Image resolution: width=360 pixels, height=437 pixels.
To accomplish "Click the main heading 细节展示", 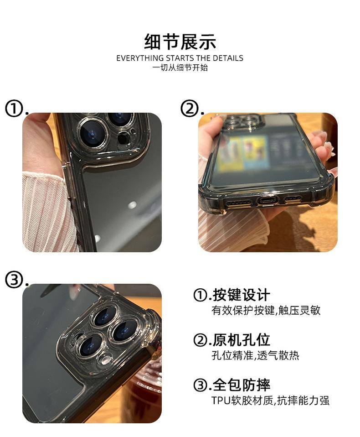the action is point(180,42).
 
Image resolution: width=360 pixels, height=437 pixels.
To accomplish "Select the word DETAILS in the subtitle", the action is point(228,58).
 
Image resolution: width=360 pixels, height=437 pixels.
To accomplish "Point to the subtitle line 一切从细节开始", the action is point(180,68).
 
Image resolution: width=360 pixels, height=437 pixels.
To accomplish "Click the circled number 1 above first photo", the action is point(14,109).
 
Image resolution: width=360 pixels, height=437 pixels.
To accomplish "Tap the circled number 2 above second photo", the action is point(189,109).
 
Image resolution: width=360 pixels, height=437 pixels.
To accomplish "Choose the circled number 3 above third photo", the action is point(14,280).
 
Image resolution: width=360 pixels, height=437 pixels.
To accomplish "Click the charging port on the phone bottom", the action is point(268,200).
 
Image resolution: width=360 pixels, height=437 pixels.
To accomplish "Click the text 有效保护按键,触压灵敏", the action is point(266,310).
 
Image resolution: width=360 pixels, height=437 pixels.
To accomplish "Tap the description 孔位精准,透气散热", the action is point(255,355).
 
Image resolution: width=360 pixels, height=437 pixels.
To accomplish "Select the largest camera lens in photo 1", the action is point(93,132).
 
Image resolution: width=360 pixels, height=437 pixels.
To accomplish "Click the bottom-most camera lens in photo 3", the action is point(89,346).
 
